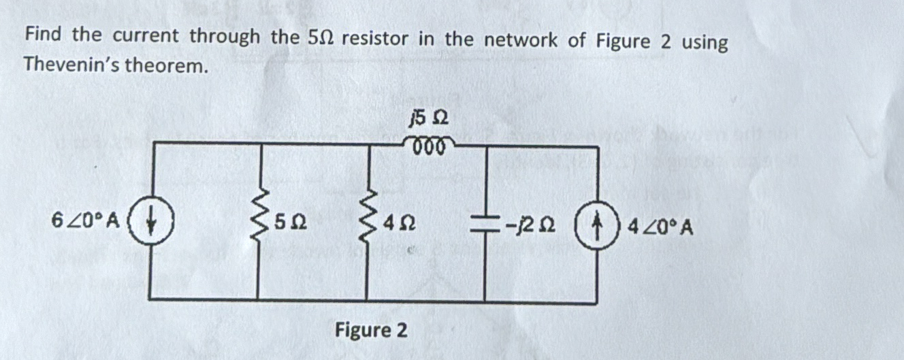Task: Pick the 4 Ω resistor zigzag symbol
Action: [368, 221]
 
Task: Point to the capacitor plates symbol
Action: [484, 224]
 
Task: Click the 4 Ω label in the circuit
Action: [400, 223]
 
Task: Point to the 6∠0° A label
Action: [86, 220]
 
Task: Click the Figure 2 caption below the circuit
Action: [371, 331]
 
